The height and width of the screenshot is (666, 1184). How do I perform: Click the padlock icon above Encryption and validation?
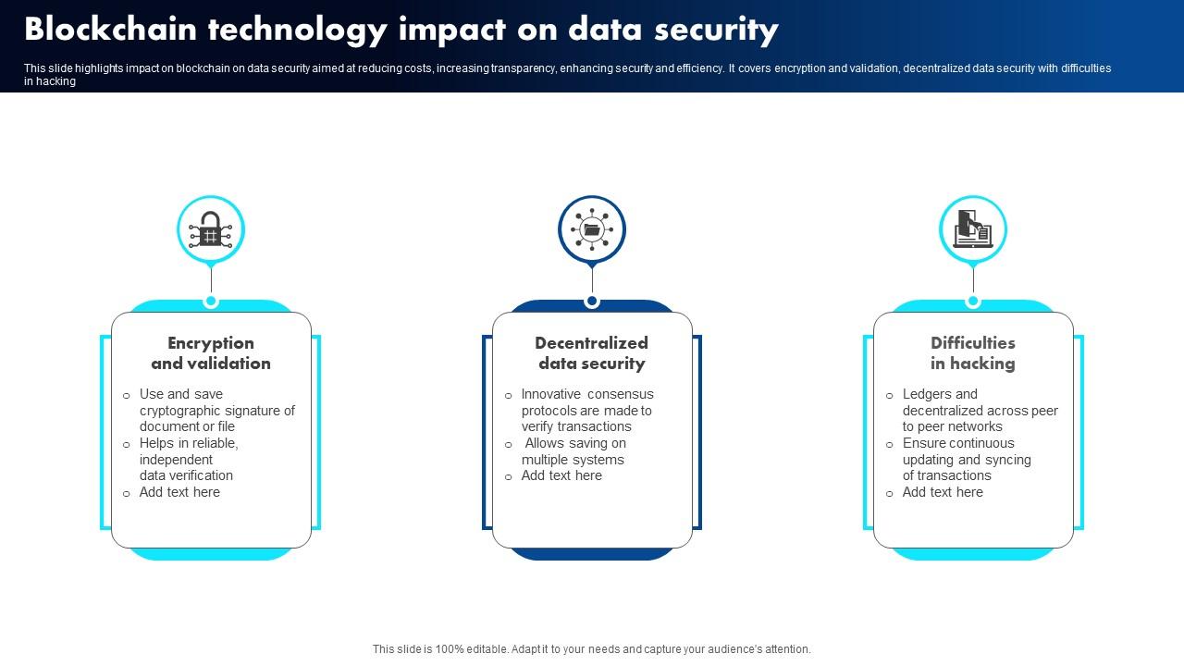pyautogui.click(x=211, y=229)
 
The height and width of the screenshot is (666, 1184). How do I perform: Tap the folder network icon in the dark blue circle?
pyautogui.click(x=592, y=229)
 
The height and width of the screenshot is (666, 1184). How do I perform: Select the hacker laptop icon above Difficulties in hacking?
pyautogui.click(x=973, y=229)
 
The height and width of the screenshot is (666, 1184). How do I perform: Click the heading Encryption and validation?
pyautogui.click(x=211, y=353)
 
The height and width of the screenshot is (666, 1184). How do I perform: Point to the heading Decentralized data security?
pyautogui.click(x=592, y=353)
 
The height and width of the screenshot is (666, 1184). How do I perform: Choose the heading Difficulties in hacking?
pyautogui.click(x=973, y=353)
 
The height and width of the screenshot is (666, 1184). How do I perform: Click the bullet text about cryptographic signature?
pyautogui.click(x=216, y=411)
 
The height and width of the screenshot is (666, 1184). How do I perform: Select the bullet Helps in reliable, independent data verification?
pyautogui.click(x=189, y=460)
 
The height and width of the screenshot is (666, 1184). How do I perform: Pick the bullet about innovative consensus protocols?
pyautogui.click(x=586, y=411)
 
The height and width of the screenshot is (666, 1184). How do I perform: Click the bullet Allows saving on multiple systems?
pyautogui.click(x=573, y=451)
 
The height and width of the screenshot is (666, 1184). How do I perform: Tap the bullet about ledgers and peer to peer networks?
pyautogui.click(x=980, y=411)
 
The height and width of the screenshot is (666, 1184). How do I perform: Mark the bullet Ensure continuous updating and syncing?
pyautogui.click(x=966, y=460)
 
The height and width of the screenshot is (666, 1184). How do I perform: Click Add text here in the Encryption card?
pyautogui.click(x=179, y=492)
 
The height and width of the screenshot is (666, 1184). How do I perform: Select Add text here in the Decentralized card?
pyautogui.click(x=561, y=475)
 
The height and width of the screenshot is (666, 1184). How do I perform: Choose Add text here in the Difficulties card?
pyautogui.click(x=943, y=492)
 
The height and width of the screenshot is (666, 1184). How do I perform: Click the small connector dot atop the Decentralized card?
pyautogui.click(x=592, y=302)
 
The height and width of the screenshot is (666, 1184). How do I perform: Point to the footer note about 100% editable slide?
pyautogui.click(x=592, y=649)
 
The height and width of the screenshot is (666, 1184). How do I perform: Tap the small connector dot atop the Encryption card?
pyautogui.click(x=211, y=302)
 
